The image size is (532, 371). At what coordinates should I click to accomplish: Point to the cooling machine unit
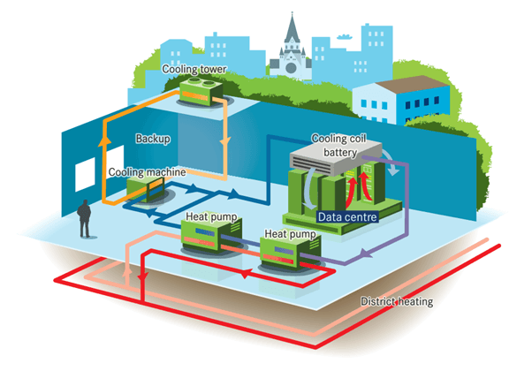[x=144, y=188]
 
